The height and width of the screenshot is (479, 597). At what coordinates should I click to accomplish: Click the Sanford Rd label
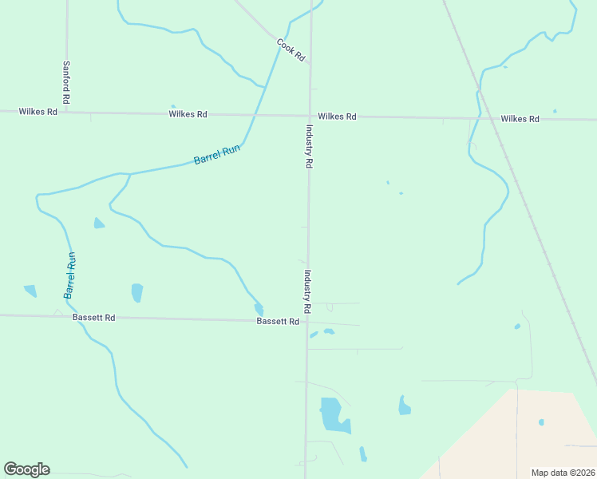tap(67, 82)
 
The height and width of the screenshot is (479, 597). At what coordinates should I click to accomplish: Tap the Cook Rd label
tap(291, 49)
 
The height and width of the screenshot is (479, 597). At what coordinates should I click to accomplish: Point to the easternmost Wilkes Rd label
tap(520, 119)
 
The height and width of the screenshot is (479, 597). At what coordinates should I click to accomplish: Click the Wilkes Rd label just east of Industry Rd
tap(337, 117)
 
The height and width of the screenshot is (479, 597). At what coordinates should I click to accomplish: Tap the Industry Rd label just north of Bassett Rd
tap(306, 291)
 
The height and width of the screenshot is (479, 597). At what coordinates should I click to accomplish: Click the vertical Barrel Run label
tap(70, 275)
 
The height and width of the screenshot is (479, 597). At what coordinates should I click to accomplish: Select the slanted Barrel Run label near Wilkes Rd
tap(217, 154)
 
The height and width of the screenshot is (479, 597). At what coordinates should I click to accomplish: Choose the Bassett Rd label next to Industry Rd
tap(277, 322)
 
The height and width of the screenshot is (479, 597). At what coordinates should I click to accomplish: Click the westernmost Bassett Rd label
tap(93, 318)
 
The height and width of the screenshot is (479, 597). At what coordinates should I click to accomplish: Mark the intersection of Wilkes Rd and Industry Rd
tap(310, 116)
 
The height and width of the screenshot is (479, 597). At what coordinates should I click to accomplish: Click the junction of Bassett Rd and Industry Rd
tap(306, 322)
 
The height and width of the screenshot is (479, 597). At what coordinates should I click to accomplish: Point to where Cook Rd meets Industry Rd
tap(310, 62)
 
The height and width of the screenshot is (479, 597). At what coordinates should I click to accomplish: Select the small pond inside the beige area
tap(541, 422)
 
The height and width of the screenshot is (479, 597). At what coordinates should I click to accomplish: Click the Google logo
tap(26, 469)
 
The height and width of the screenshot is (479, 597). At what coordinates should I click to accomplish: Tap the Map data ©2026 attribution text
tap(563, 472)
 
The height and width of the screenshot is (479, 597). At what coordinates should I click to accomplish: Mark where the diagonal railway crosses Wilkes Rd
tap(488, 118)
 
